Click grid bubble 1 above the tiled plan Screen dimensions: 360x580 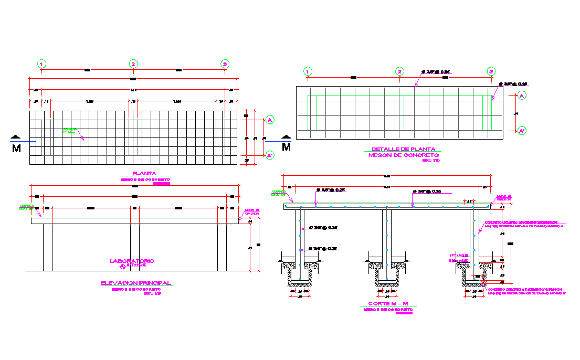coord(41,64)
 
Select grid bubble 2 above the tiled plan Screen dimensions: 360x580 coord(133,64)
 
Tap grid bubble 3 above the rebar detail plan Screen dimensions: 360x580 coord(491,71)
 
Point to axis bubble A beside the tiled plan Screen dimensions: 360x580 coord(269,120)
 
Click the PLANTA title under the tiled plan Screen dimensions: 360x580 coord(144,174)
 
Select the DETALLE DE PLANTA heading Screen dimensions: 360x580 coord(403,150)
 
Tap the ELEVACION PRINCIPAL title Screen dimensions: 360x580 coord(136,283)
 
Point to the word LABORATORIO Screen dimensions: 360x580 coord(131,261)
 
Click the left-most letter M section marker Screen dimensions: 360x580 coord(16,148)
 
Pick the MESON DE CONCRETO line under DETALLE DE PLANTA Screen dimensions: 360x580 coord(403,155)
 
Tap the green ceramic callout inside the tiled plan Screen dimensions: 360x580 coord(69,130)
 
